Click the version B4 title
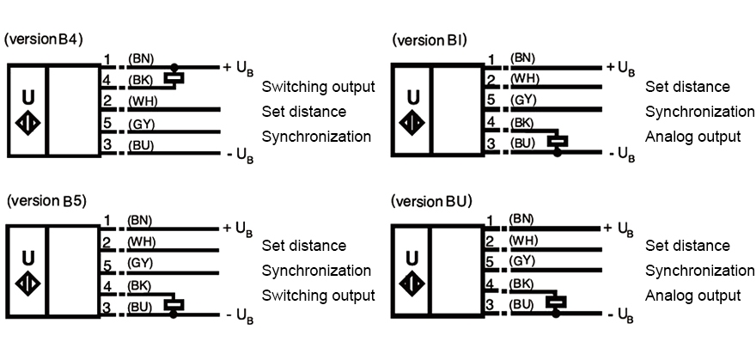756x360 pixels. pyautogui.click(x=44, y=40)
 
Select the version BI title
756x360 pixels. pyautogui.click(x=430, y=40)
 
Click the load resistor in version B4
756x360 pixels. pyautogui.click(x=174, y=80)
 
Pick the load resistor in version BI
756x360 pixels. pyautogui.click(x=558, y=140)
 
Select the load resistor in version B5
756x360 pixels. pyautogui.click(x=174, y=302)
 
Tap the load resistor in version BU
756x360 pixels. pyautogui.click(x=558, y=302)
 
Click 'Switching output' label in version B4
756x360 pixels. pyautogui.click(x=318, y=87)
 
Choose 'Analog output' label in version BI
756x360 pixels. pyautogui.click(x=692, y=137)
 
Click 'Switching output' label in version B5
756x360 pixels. pyautogui.click(x=318, y=296)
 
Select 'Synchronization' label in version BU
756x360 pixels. pyautogui.click(x=699, y=271)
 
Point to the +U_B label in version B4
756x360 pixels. pyautogui.click(x=238, y=66)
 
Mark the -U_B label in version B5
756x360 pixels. pyautogui.click(x=239, y=316)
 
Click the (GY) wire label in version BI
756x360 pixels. pyautogui.click(x=523, y=100)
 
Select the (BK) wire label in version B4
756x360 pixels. pyautogui.click(x=140, y=80)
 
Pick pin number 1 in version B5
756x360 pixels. pyautogui.click(x=107, y=220)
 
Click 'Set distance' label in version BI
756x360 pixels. pyautogui.click(x=687, y=87)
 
